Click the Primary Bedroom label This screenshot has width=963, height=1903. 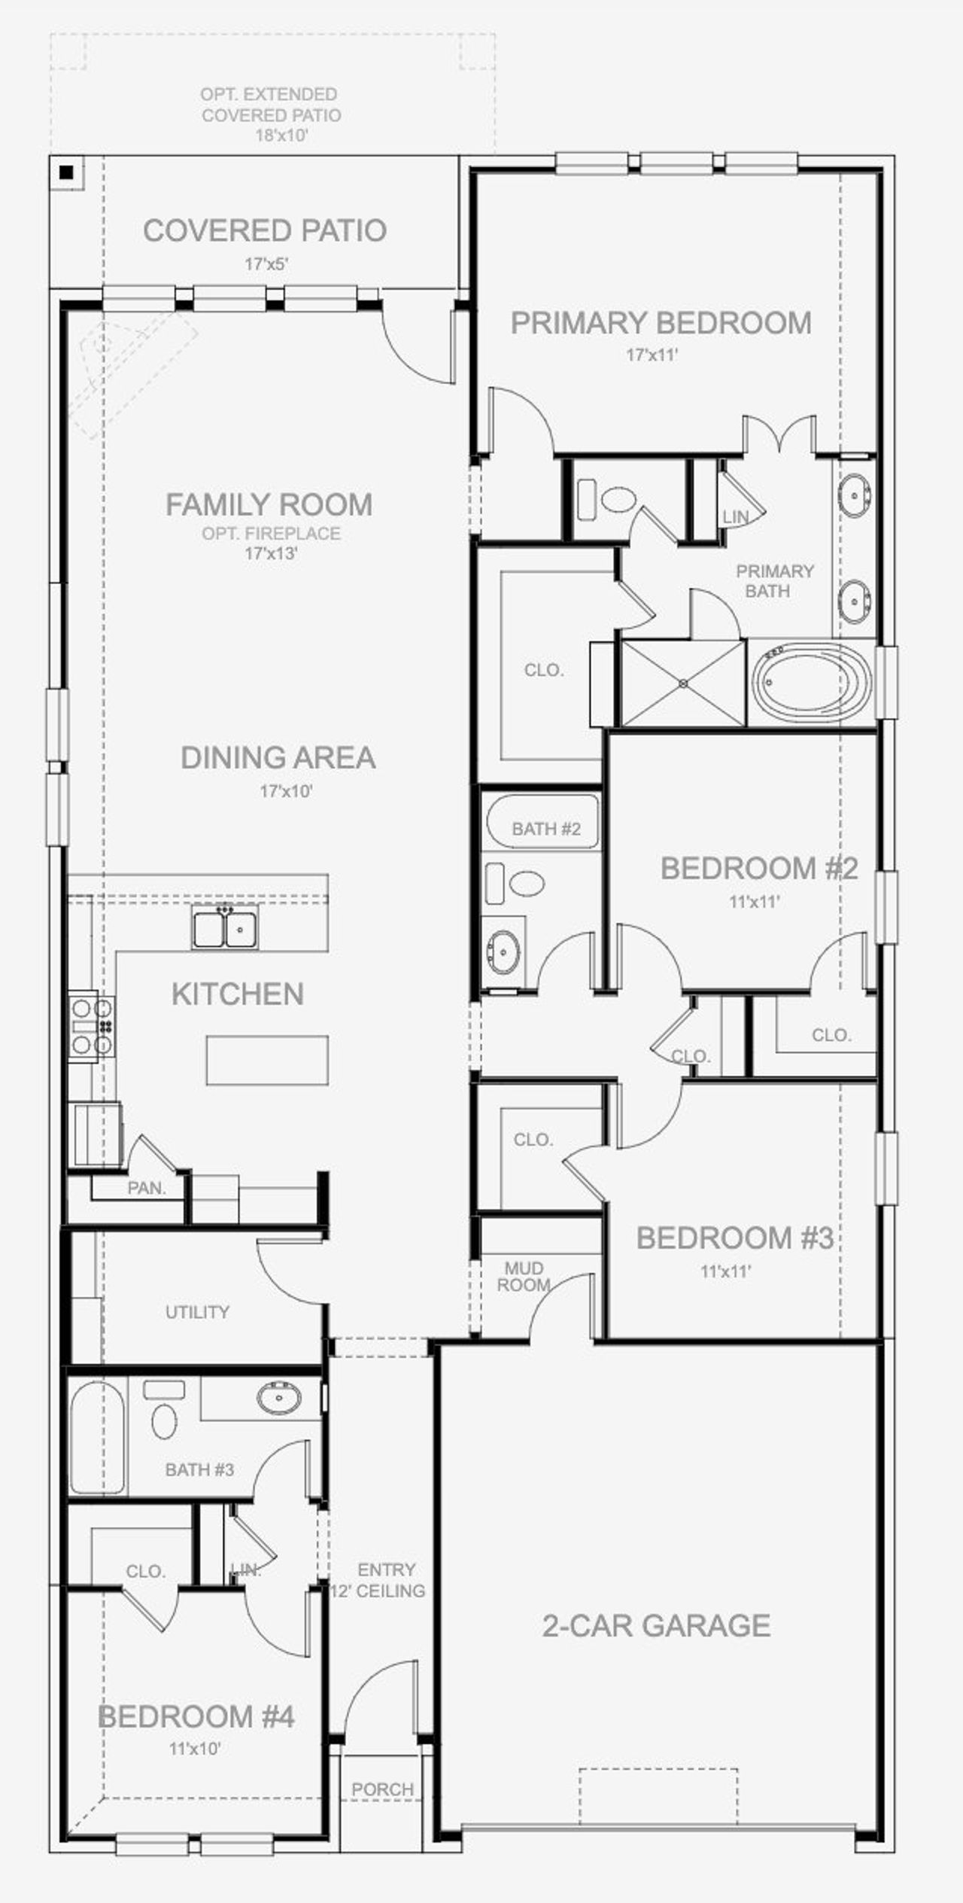click(661, 323)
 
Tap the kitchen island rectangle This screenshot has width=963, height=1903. click(267, 1060)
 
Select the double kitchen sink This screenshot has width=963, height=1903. click(224, 927)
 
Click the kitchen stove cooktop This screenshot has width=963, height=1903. click(92, 1025)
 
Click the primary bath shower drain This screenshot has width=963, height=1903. click(682, 684)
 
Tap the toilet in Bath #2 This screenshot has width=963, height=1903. click(526, 884)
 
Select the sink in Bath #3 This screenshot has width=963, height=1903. click(278, 1398)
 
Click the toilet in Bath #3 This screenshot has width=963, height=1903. click(164, 1420)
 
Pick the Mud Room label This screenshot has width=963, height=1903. click(524, 1277)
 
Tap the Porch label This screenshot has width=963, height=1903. click(382, 1789)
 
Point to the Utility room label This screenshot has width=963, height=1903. click(197, 1312)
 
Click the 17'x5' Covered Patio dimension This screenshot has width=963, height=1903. click(266, 264)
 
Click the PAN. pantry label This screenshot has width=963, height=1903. click(146, 1188)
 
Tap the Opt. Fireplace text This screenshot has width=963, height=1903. click(271, 533)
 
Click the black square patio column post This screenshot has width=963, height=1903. click(67, 172)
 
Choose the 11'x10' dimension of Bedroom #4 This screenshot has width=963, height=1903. click(195, 1748)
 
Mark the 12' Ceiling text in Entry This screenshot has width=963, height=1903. click(378, 1591)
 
